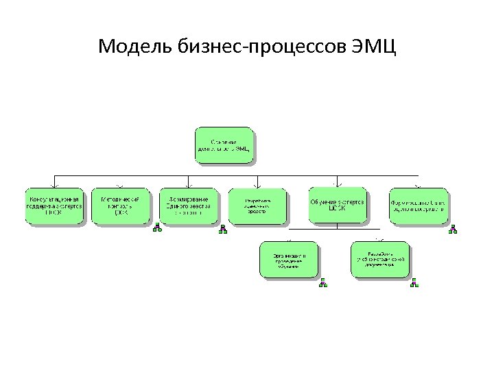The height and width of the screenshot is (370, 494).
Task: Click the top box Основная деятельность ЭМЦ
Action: coord(224,145)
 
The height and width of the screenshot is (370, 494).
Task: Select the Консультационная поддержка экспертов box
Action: coord(54,206)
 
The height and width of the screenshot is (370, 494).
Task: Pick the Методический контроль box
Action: coord(120,206)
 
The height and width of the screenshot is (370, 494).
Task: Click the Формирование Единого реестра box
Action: coord(189,206)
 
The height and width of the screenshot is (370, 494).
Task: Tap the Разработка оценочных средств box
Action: coord(257,206)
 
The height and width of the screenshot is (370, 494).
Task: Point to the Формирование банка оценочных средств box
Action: coord(418,206)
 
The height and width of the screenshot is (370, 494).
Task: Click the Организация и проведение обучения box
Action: coord(289,259)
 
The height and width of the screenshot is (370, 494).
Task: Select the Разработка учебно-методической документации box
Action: coord(379,259)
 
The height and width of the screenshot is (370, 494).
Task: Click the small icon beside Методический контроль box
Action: coord(157,228)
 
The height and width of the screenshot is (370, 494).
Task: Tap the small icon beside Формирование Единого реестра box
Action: coord(222,229)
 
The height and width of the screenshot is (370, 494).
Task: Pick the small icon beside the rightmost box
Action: coord(452,229)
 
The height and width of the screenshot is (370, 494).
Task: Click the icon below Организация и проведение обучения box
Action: coord(322,282)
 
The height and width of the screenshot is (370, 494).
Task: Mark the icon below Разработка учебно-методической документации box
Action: coord(414,282)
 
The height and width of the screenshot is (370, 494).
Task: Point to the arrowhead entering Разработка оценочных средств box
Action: coord(257,185)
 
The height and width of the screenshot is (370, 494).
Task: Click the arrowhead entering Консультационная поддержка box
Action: coord(54,185)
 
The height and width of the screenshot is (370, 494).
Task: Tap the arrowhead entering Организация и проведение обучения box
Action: coord(289,239)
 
